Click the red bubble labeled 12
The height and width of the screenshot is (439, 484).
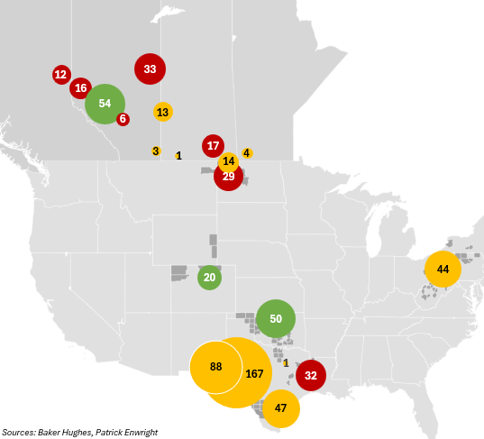coord(60,74)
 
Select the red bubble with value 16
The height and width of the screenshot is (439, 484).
coord(80,87)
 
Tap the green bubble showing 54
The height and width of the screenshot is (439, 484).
coord(105,103)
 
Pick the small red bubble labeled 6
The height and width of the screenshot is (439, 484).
coord(123,119)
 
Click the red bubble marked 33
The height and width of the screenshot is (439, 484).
coord(150,69)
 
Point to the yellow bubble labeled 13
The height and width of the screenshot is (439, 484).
coord(162,112)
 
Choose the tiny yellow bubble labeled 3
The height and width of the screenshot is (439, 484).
coord(156,151)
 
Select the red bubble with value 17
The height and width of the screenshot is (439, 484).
coord(213,145)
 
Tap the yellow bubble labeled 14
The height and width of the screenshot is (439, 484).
coord(228,161)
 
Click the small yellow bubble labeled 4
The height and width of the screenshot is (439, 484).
coord(247,153)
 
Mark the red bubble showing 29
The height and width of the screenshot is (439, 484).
coord(228,177)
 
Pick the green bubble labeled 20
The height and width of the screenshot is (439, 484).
coord(209,278)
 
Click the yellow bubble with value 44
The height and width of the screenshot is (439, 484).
coord(443,270)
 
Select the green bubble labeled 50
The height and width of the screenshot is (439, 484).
coord(276,319)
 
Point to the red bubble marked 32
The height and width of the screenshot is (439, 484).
coord(311,375)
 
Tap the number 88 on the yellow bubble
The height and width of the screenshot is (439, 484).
coord(215,367)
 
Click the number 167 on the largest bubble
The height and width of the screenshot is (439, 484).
coord(254,374)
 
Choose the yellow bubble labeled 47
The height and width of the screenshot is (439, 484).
coord(280,407)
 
